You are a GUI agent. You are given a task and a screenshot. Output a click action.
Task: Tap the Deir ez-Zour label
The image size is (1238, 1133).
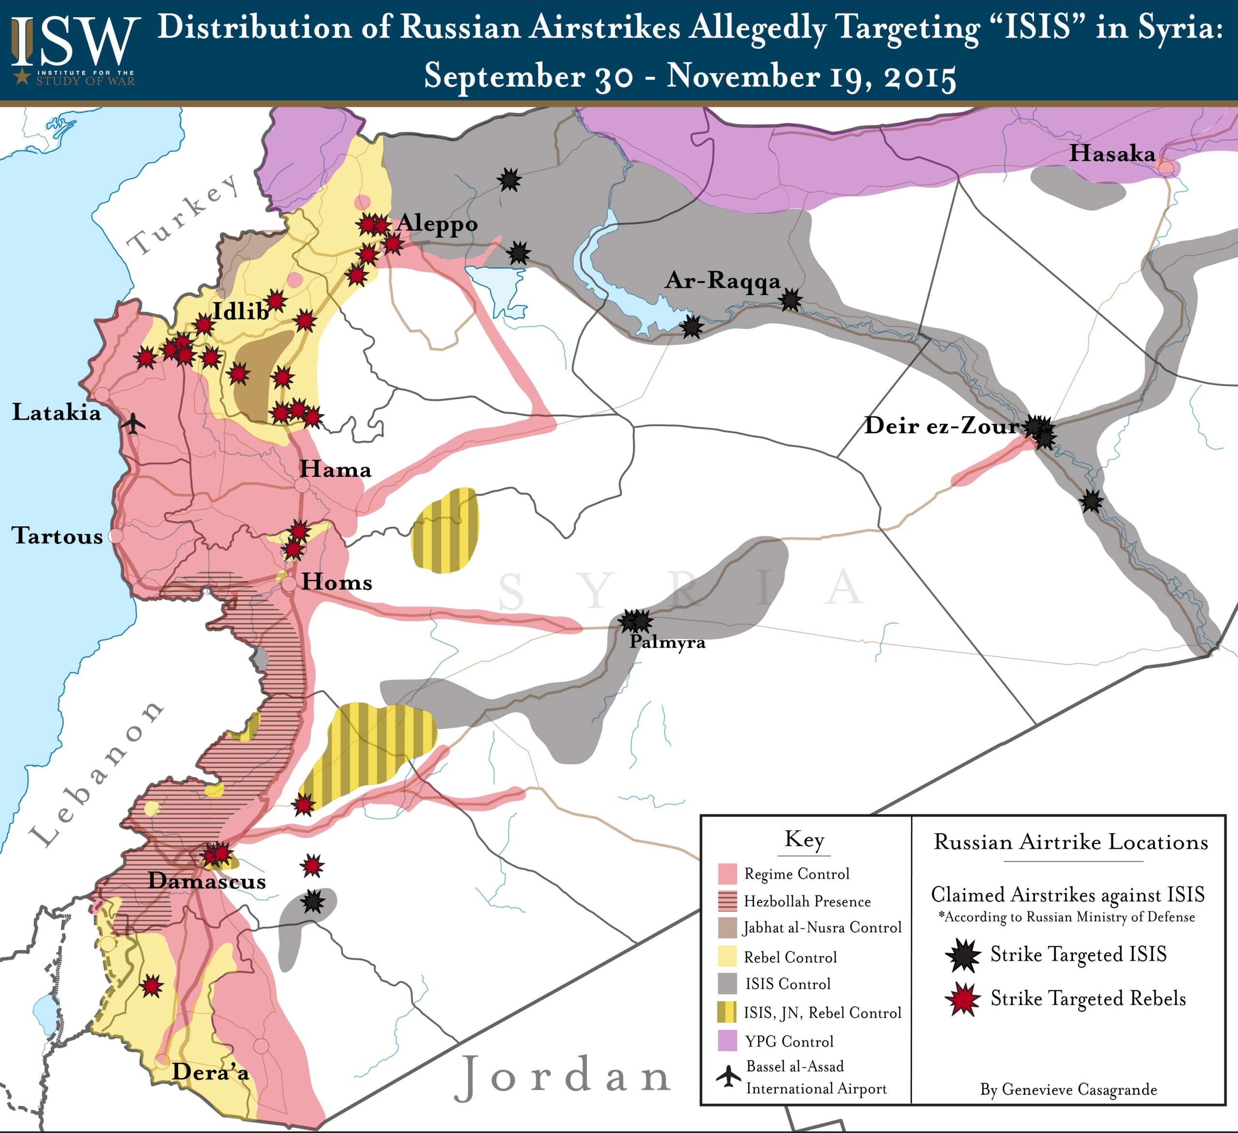[x=941, y=426]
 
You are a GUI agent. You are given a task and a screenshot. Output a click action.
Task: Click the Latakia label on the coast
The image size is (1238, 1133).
[x=57, y=412]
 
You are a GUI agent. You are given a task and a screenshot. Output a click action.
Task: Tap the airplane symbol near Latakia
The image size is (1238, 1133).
[x=133, y=423]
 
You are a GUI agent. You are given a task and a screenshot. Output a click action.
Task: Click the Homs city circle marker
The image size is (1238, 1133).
[x=289, y=584]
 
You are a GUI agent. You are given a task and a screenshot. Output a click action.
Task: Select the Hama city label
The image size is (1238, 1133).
[x=335, y=470]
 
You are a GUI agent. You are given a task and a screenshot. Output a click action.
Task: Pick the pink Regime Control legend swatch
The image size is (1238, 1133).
[x=727, y=873]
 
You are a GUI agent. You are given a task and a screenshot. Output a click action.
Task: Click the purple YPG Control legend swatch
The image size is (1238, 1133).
[x=727, y=1041]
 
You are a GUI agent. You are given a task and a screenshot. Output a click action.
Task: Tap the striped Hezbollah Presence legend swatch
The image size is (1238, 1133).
[x=727, y=901]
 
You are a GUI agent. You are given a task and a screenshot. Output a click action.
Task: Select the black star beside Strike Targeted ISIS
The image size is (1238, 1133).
[x=963, y=955]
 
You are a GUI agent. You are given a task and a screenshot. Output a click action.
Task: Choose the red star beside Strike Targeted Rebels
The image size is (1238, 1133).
[x=963, y=999]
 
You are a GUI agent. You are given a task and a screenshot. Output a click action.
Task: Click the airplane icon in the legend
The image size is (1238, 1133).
[x=728, y=1076]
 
